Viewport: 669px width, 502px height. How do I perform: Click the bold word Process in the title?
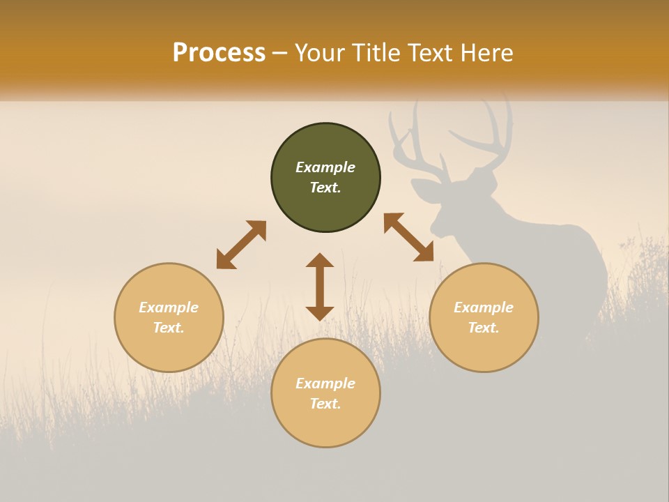tap(219, 53)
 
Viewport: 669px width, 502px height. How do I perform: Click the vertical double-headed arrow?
tap(320, 287)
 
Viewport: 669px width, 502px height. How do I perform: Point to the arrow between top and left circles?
tap(241, 245)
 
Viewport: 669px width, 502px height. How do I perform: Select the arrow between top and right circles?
tap(408, 237)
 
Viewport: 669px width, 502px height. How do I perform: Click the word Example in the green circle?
tap(325, 167)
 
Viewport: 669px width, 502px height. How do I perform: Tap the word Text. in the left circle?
tap(169, 328)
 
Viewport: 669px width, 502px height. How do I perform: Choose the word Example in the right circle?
tap(484, 307)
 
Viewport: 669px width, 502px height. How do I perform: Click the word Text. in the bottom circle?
tap(325, 404)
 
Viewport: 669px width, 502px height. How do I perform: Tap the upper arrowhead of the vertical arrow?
tap(320, 260)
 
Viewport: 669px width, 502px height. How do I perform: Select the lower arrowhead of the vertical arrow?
tap(320, 313)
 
